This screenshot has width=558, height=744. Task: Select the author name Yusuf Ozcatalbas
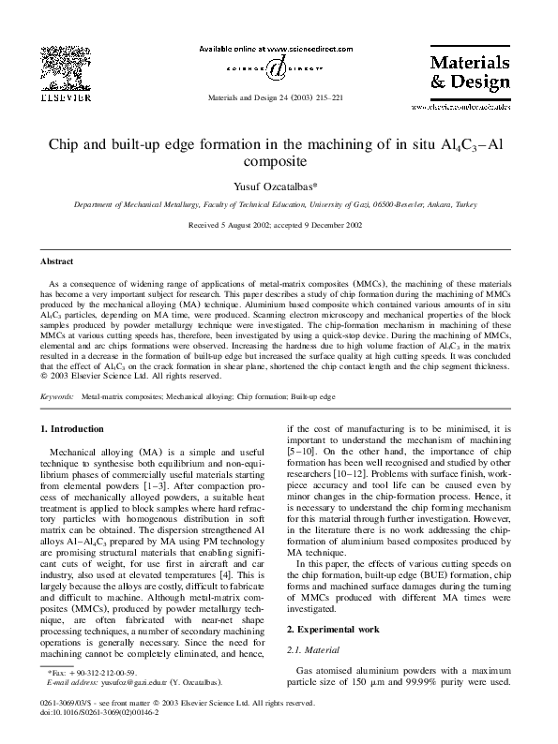click(x=279, y=186)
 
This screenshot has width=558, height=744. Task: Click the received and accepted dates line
click(x=279, y=226)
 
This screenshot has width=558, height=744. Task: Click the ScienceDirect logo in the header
click(x=278, y=66)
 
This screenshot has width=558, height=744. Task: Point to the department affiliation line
click(x=279, y=204)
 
